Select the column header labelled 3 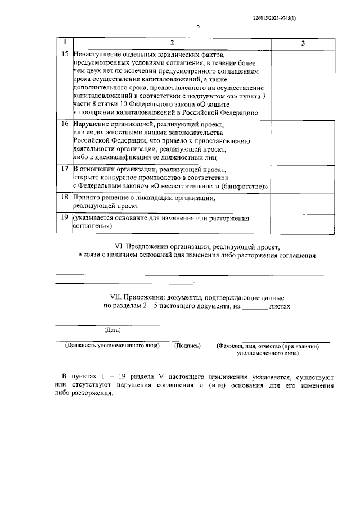click(x=303, y=43)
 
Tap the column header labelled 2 click(x=172, y=43)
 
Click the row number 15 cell click(x=64, y=53)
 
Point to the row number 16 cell click(x=64, y=124)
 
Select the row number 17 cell click(x=64, y=169)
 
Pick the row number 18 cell click(x=64, y=198)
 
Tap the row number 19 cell click(x=64, y=217)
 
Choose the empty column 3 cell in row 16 click(x=303, y=141)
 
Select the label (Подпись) click(x=187, y=346)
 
